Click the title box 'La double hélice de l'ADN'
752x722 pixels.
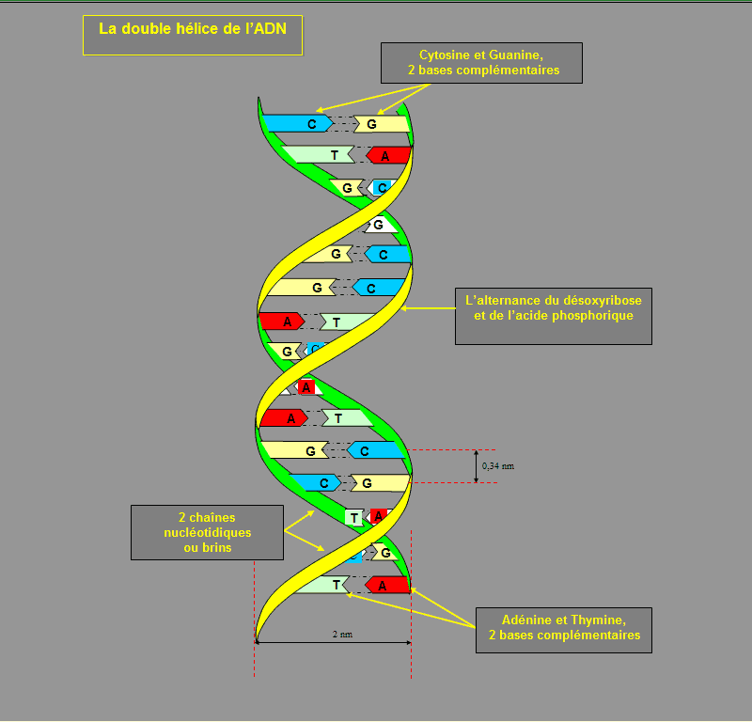[x=193, y=35]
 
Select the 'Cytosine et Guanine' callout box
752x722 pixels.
[x=481, y=62]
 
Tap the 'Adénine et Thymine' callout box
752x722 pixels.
[x=564, y=629]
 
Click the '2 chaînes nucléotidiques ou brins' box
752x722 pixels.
[x=207, y=532]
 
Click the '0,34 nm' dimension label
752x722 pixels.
[x=498, y=466]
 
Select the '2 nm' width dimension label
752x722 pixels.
[x=342, y=635]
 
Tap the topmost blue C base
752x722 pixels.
[x=298, y=123]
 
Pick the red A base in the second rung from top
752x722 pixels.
[x=387, y=155]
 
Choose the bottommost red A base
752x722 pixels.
[x=387, y=585]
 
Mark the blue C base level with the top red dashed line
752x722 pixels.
[x=374, y=451]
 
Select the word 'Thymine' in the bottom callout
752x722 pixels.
[x=598, y=620]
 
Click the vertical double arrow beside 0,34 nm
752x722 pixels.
[x=476, y=466]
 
